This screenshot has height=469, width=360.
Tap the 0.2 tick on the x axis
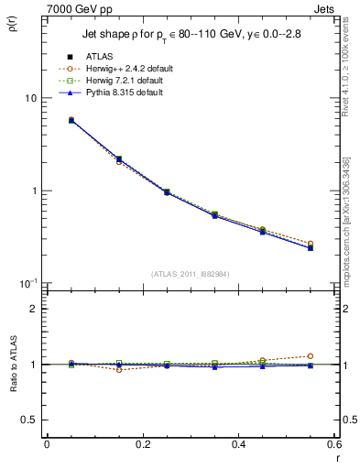click(143, 444)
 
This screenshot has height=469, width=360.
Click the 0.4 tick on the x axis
click(238, 444)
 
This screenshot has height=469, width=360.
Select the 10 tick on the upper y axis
click(31, 98)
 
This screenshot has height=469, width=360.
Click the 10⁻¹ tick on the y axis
click(27, 283)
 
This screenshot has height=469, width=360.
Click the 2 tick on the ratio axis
click(34, 309)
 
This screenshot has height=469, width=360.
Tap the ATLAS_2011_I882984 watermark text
click(191, 274)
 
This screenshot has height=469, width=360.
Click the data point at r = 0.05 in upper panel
click(71, 120)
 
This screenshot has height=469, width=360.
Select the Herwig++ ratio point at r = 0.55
click(310, 355)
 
